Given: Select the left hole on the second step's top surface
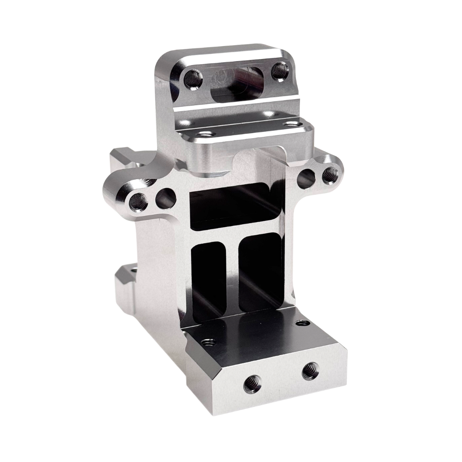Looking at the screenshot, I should pyautogui.click(x=204, y=134).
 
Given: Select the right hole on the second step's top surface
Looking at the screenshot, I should pyautogui.click(x=292, y=124).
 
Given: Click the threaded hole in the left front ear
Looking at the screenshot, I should pyautogui.click(x=137, y=201).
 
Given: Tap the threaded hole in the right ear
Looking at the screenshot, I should pyautogui.click(x=330, y=175).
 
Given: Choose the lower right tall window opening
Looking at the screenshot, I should pyautogui.click(x=261, y=274).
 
